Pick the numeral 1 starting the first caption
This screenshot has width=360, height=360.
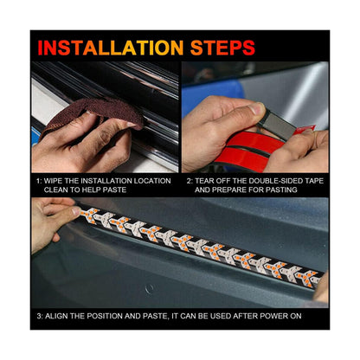pos(38,182)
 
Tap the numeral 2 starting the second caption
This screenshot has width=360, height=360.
pos(190,182)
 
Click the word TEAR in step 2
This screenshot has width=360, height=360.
pos(209,182)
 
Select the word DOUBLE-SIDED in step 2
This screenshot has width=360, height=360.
pos(280,182)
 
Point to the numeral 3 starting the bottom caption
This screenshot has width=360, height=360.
pos(38,315)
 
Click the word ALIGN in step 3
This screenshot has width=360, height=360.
pos(57,315)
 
